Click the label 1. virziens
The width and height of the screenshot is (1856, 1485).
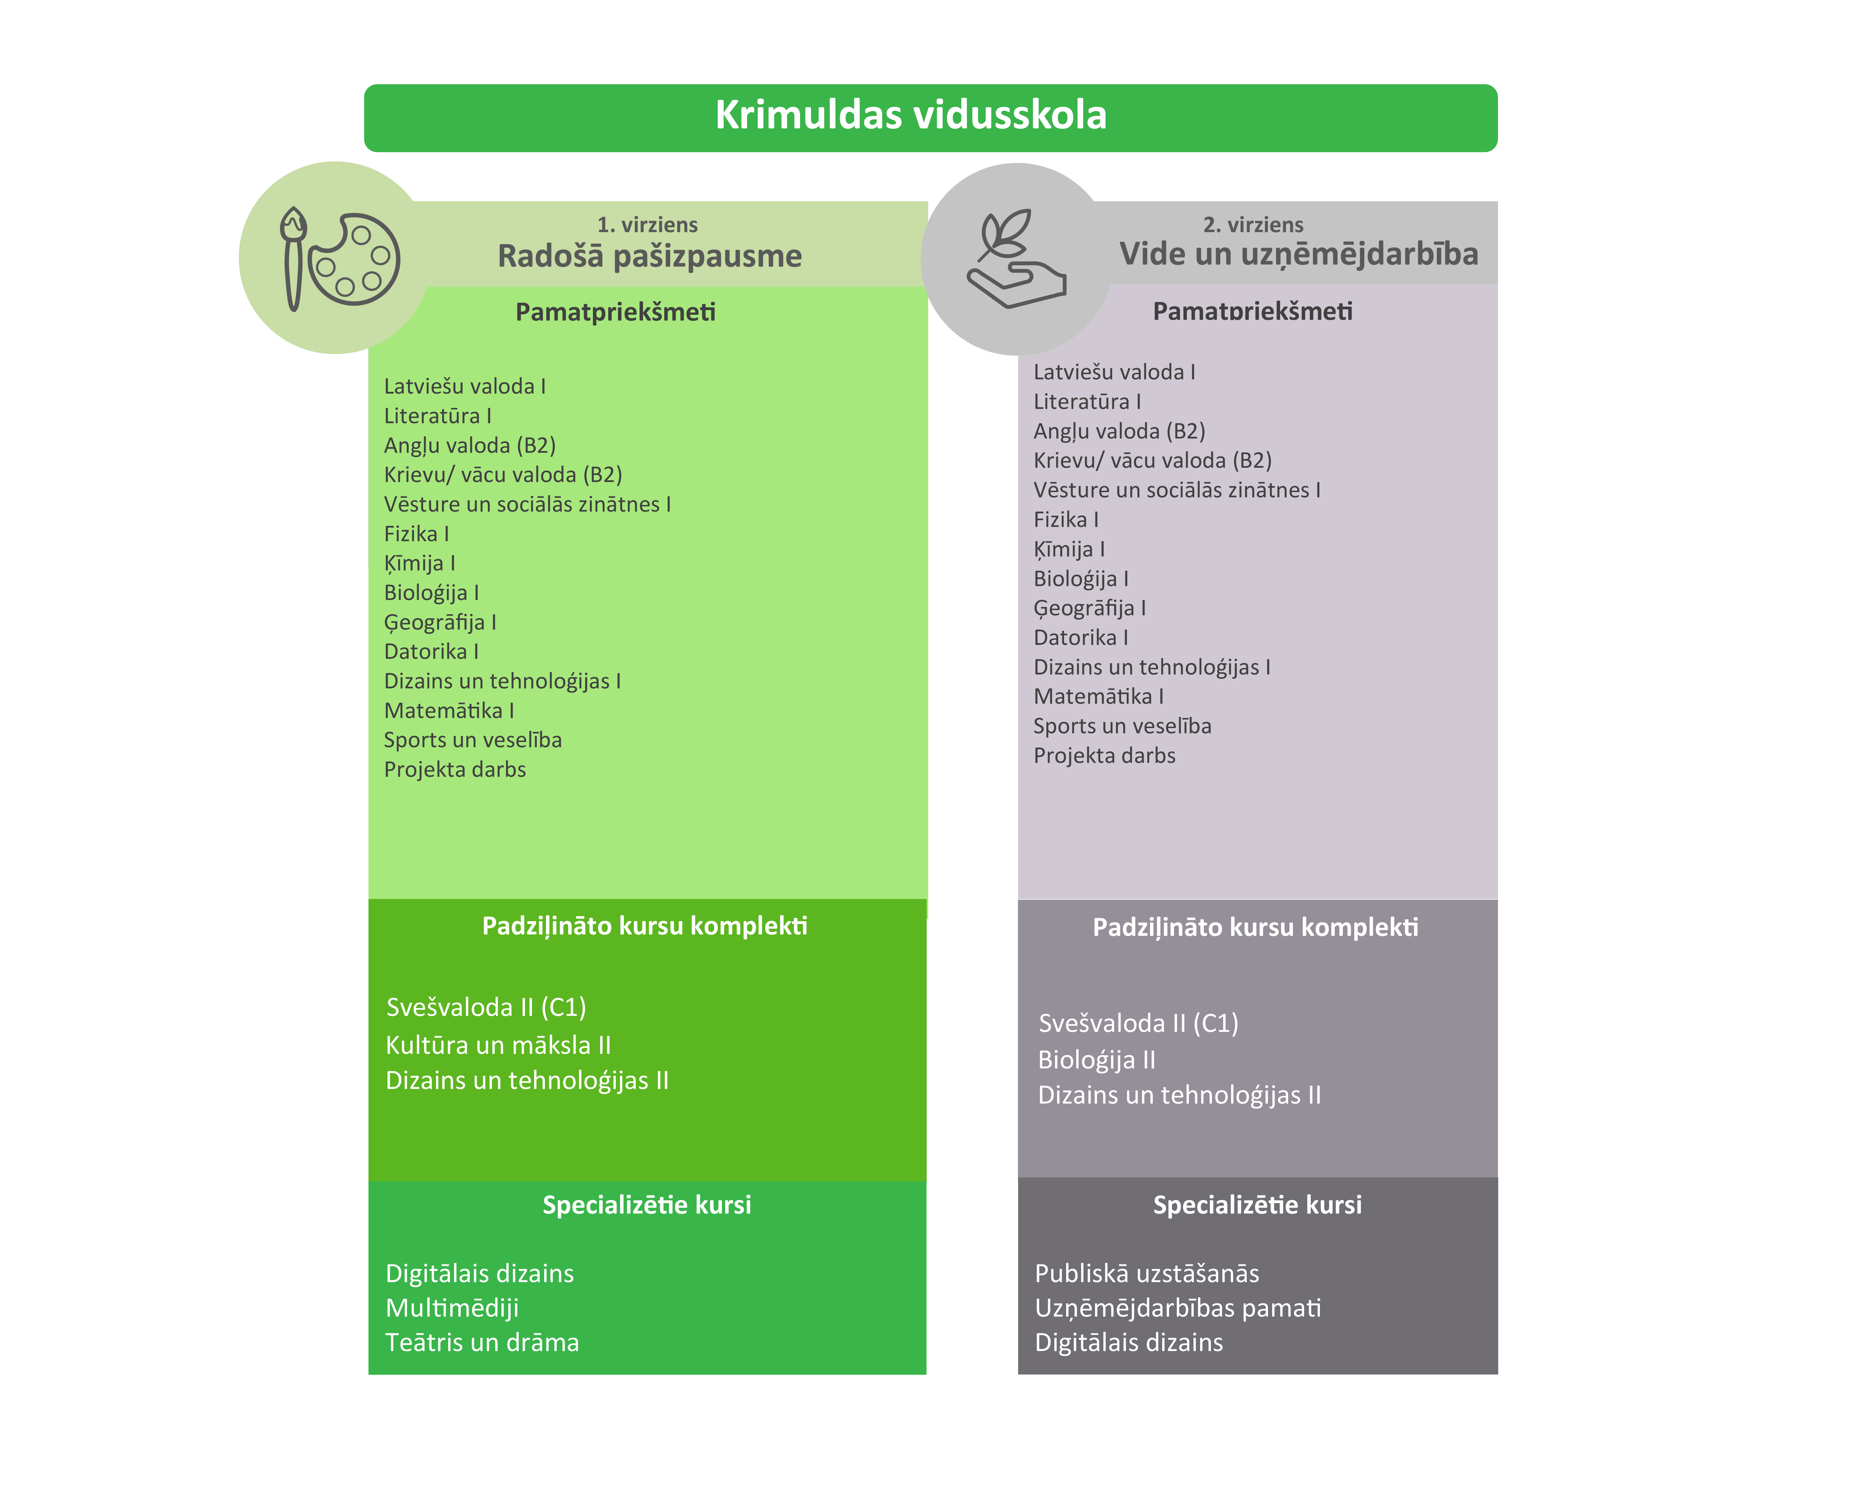point(647,225)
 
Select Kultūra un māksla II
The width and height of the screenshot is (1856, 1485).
point(498,1045)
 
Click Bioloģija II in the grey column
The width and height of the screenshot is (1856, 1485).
point(1096,1060)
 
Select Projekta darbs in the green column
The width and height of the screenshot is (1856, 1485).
point(454,769)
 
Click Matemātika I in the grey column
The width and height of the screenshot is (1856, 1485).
point(1097,696)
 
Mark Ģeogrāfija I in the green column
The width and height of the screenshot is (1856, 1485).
point(440,622)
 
